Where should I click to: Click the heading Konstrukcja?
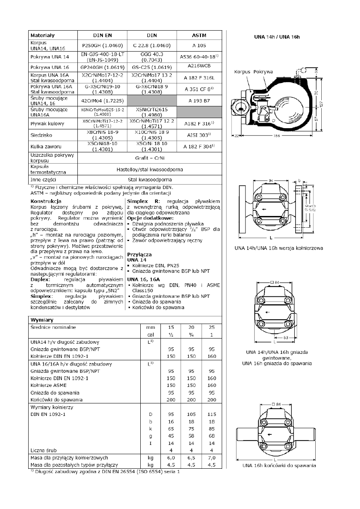click(46, 200)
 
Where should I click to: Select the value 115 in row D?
click(211, 414)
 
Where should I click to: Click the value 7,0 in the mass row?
click(211, 457)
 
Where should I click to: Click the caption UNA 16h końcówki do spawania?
click(279, 465)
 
